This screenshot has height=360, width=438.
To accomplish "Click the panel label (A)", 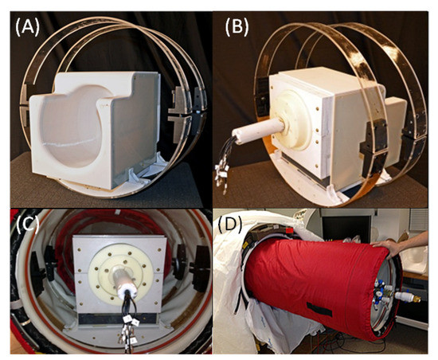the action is pos(28,28).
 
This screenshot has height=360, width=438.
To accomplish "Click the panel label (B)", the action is pos(237,28).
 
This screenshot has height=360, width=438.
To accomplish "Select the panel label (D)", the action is pos(230,224).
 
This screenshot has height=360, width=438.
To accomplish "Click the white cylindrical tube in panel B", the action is pos(259,131).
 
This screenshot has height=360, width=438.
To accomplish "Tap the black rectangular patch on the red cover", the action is pos(319,309).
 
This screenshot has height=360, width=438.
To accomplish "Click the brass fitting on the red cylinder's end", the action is pos(416,299).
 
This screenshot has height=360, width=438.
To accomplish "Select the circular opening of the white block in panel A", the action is pos(70,127).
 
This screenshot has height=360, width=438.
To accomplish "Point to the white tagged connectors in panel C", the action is pos(129,332).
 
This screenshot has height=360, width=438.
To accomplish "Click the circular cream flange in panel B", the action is pos(290,120).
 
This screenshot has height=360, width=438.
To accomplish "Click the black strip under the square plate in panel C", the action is pos(118,319).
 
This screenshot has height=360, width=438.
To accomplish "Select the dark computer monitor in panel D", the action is pos(346,227).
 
